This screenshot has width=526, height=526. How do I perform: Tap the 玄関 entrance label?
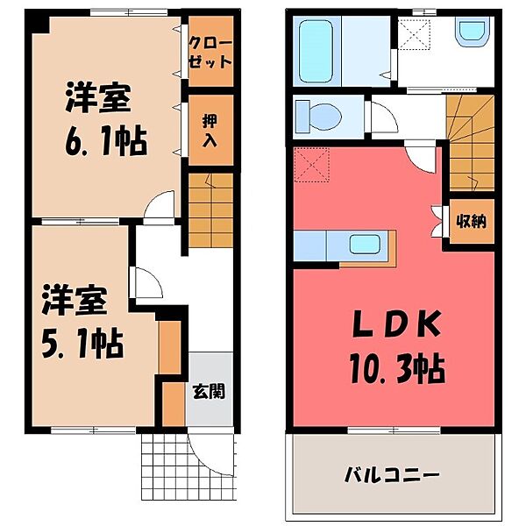(x=209, y=390)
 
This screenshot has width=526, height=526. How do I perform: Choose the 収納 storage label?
(x=470, y=222)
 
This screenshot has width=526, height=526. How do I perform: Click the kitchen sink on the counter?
(x=364, y=244)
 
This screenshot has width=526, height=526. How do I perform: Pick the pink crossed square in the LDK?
(x=308, y=163)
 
